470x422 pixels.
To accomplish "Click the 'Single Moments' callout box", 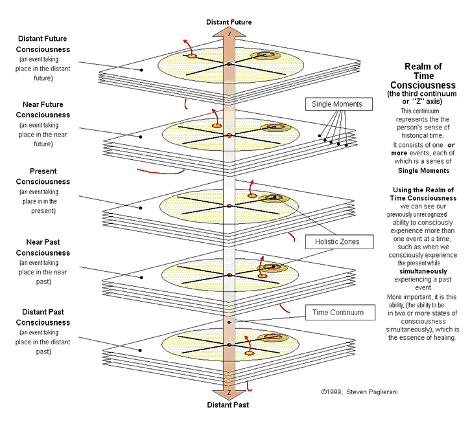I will point(337,104).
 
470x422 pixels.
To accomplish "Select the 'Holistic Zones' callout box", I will point(331,242).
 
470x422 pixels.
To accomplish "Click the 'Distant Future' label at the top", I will point(229,22).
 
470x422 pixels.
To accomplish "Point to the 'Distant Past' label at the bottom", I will point(229,405).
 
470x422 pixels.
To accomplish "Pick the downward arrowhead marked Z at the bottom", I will point(229,393).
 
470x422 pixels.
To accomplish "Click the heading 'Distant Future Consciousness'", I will point(43,44).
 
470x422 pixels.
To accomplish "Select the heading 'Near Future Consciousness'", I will point(43,110).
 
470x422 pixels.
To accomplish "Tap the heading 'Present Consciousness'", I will point(43,177).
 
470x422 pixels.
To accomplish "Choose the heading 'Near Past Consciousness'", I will point(43,248).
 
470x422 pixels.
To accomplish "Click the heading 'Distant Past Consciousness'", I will point(43,317).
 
